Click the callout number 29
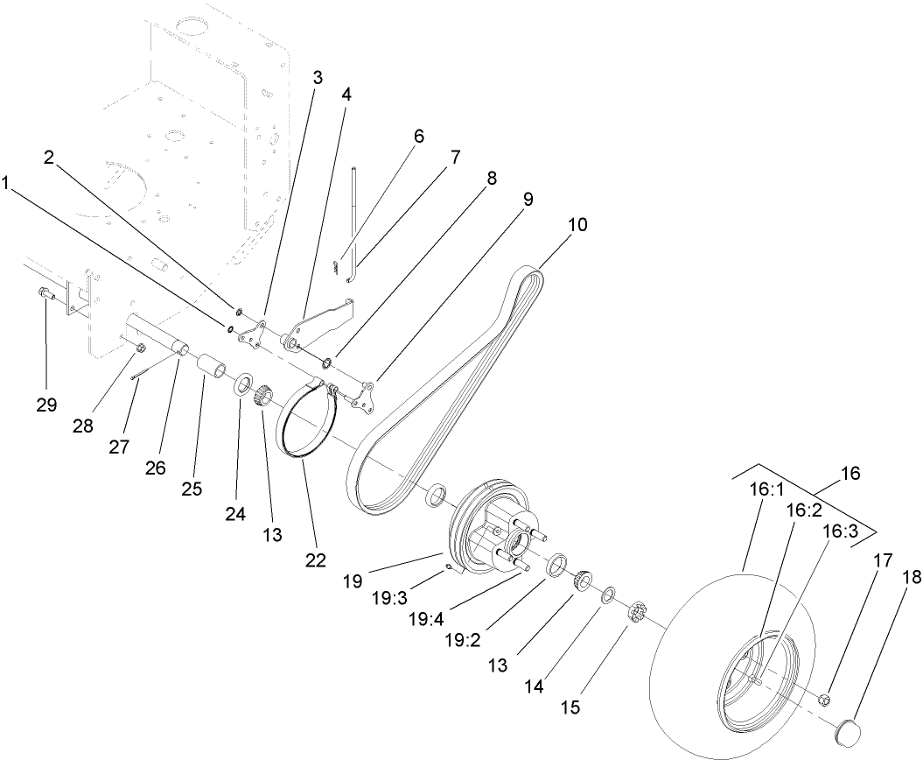(46, 405)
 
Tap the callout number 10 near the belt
(576, 224)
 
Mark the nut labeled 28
(139, 351)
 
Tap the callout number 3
(317, 77)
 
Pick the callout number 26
(156, 468)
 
